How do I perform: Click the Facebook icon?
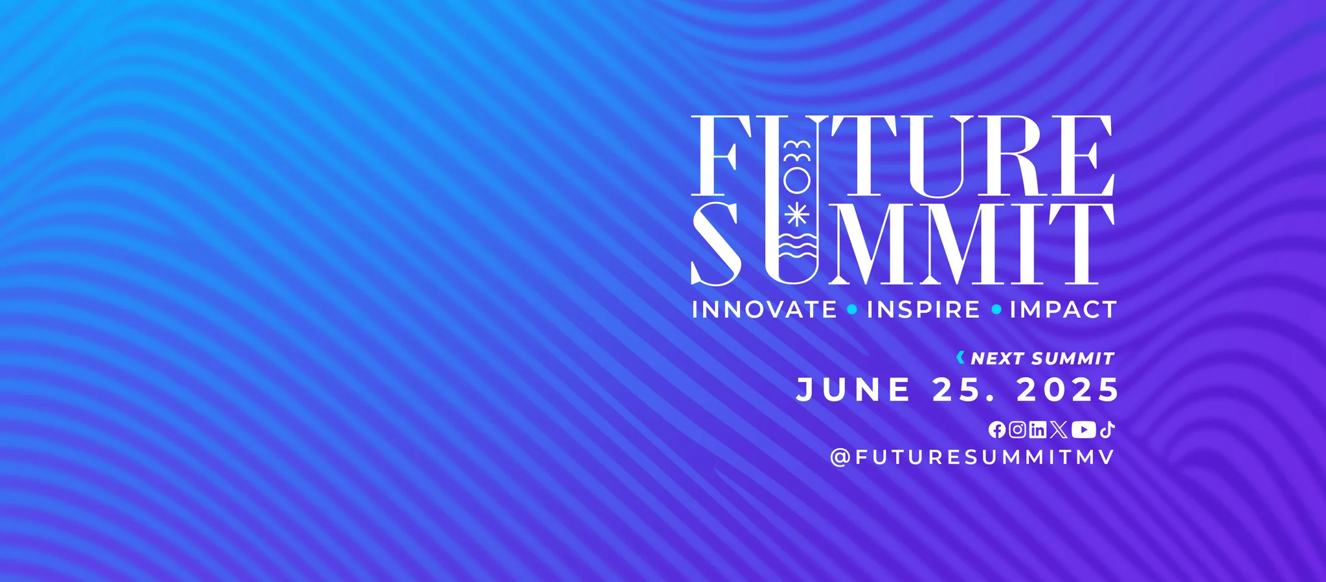997,430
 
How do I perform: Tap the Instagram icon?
1017,429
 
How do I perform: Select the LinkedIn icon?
1037,429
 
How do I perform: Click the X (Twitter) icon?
1059,429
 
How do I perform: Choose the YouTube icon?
1084,429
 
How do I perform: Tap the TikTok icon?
1107,429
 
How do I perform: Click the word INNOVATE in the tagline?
765,309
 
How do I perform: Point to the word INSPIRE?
923,309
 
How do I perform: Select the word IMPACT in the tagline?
1063,309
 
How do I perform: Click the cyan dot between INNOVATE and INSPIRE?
852,310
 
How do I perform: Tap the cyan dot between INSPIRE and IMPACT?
996,310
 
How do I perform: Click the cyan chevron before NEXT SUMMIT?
961,357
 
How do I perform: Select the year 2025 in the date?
1068,390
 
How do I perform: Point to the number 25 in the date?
957,390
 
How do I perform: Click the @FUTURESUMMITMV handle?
972,457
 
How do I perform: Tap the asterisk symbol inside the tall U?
796,214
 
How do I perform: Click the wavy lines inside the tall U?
796,247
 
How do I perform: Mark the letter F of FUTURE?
714,155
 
